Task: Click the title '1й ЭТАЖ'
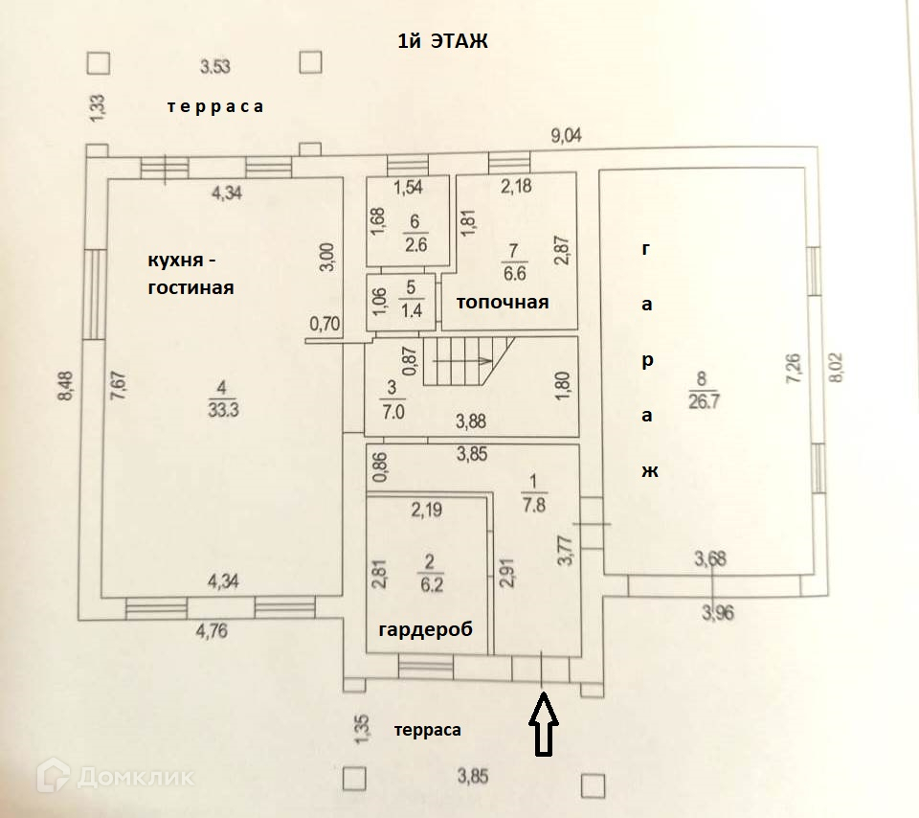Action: tap(442, 41)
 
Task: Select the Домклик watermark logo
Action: tap(115, 777)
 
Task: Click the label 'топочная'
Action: tap(503, 302)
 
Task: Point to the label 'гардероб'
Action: tap(425, 629)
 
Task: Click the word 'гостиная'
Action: tap(191, 288)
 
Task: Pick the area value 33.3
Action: tap(223, 409)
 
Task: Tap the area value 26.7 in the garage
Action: tap(704, 401)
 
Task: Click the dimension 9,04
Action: tap(566, 135)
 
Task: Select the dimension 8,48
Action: tap(66, 385)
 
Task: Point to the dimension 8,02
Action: tap(835, 368)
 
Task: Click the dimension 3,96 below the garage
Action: tap(717, 613)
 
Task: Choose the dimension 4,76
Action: tap(212, 631)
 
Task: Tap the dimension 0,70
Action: tap(325, 323)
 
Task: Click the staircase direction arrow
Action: tap(463, 360)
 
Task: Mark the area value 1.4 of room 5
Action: tap(412, 309)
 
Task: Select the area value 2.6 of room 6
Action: tap(415, 244)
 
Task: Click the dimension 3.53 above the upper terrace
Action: tap(215, 66)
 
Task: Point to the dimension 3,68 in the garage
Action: tap(710, 558)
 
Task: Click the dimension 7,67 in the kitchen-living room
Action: tap(119, 386)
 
